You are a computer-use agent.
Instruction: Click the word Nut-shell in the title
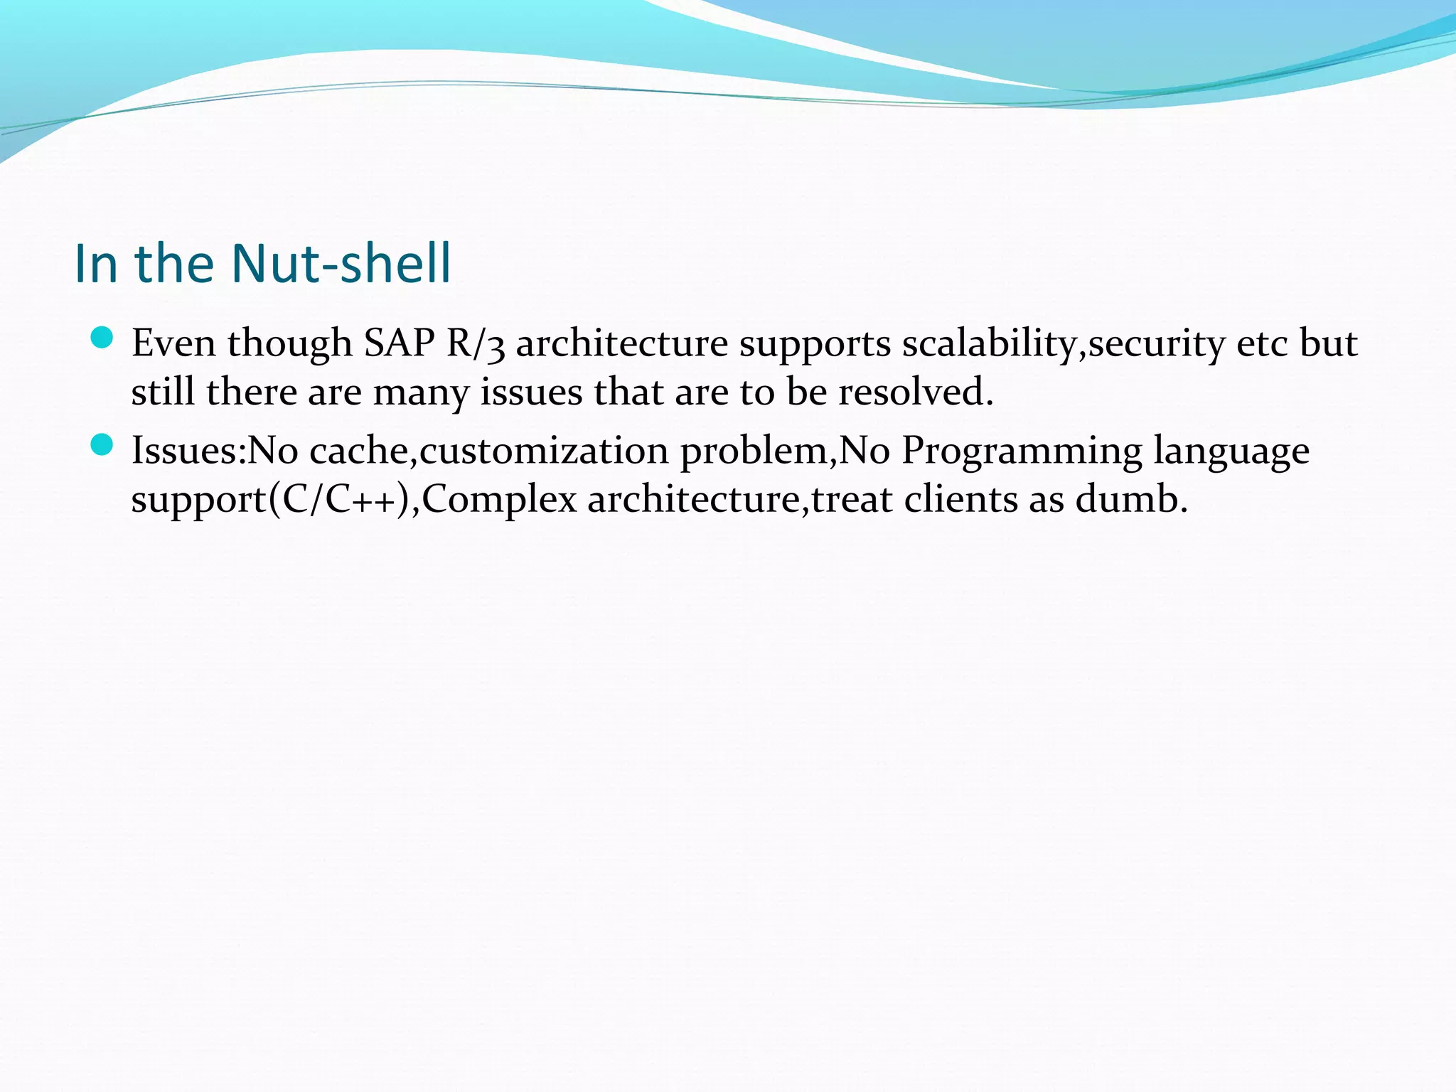341,263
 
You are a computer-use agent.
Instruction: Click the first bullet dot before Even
102,338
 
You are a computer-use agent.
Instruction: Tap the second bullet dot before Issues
102,446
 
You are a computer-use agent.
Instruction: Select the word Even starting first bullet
173,343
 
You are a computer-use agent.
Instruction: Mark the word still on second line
163,392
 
